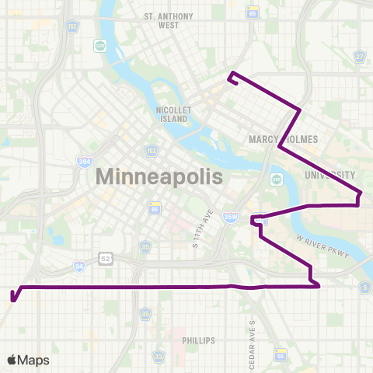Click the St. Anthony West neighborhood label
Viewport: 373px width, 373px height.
pos(162,20)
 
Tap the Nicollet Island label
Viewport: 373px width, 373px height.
pos(169,115)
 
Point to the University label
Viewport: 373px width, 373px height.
pos(330,175)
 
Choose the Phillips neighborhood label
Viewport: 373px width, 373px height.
pos(198,340)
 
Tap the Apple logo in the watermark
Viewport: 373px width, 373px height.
pos(12,360)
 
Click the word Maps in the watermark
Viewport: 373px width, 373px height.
pos(33,360)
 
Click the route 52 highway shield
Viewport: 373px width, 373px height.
pos(105,258)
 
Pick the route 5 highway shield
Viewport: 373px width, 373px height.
pos(364,288)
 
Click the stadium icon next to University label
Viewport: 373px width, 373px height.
pos(274,179)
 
